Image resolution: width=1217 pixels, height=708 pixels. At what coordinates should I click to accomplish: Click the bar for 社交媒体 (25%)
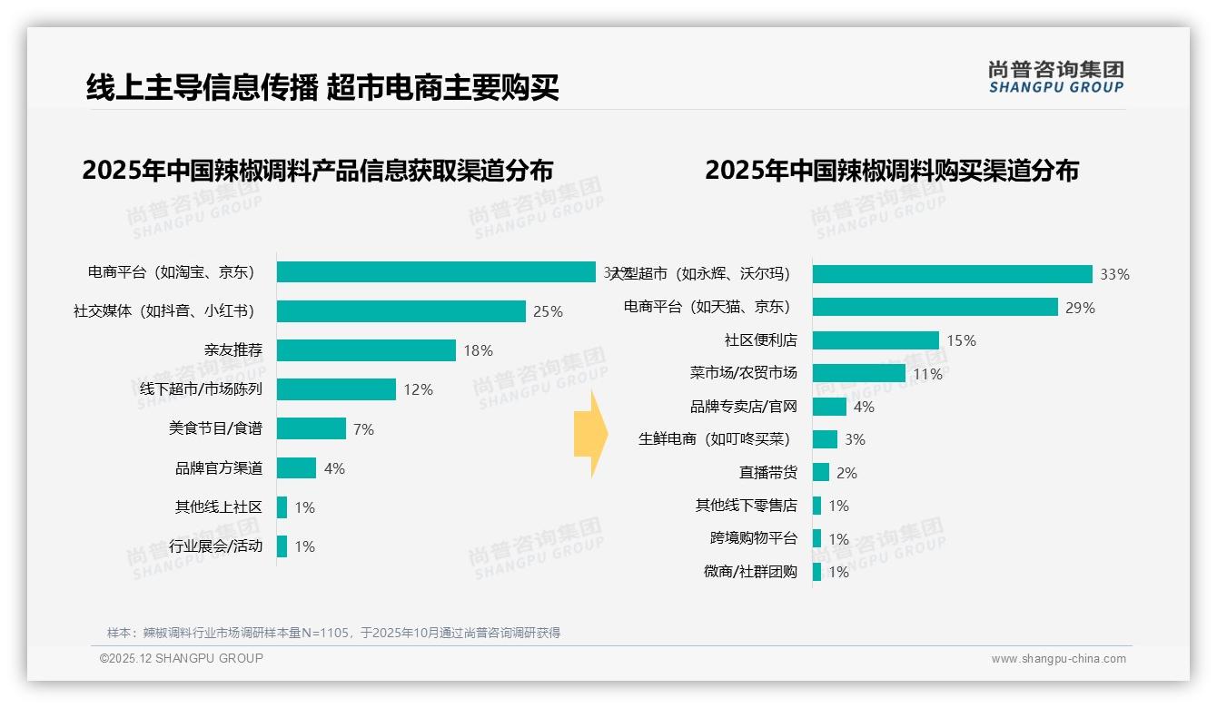coord(401,311)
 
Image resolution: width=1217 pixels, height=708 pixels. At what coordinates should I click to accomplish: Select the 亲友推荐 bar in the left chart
coord(366,350)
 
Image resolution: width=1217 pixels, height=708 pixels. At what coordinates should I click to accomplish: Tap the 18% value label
coord(478,350)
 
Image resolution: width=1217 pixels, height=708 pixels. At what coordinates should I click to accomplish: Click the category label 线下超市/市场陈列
coord(194,389)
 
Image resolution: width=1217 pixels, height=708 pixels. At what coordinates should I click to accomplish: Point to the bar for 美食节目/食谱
coord(311,428)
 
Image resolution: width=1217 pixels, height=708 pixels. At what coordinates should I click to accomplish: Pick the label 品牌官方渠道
coord(218,468)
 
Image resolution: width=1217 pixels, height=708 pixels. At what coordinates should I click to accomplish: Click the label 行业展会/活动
coord(215,546)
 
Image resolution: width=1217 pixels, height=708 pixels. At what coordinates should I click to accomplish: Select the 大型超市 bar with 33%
coord(952,274)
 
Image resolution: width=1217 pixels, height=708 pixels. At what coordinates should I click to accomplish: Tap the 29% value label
coord(1080,308)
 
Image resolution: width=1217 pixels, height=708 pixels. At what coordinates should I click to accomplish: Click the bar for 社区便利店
coord(876,340)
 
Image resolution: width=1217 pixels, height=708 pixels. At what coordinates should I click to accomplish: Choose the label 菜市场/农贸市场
coord(743,373)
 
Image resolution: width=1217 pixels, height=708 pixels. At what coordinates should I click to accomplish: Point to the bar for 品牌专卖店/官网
coord(829,407)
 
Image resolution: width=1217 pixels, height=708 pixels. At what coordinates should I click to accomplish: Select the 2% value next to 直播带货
coord(846,473)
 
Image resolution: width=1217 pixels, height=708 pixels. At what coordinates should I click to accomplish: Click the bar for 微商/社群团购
coord(817,572)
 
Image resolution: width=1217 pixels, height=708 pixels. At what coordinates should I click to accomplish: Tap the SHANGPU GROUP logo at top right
coord(1055,76)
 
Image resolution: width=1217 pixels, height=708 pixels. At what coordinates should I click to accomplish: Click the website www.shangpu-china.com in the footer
coord(1058,659)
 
